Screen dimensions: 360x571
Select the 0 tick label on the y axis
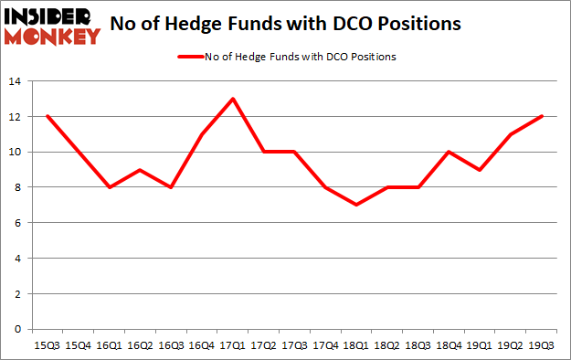point(16,329)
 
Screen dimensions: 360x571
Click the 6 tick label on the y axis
point(16,223)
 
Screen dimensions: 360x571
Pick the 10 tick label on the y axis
point(14,153)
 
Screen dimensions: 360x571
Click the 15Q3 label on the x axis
point(48,345)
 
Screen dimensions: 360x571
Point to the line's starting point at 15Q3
point(48,117)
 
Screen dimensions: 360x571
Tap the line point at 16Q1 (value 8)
point(110,187)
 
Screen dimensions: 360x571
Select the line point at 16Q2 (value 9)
point(141,170)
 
